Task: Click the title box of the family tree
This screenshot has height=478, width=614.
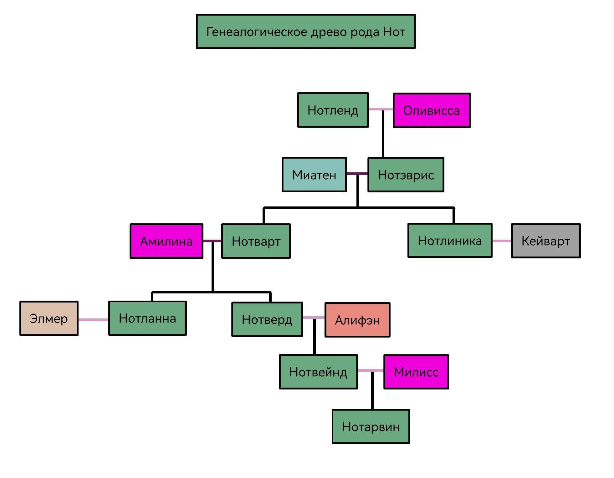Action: [x=306, y=31]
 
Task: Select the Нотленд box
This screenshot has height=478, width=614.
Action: [x=333, y=110]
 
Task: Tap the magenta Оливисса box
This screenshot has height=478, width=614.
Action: [x=432, y=110]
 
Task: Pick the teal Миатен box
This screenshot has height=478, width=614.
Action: [x=314, y=175]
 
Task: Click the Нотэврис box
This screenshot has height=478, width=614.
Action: [x=406, y=175]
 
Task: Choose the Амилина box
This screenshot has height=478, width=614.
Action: [x=166, y=241]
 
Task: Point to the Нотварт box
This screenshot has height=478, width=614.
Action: [x=256, y=241]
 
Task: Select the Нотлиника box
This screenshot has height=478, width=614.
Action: [x=450, y=241]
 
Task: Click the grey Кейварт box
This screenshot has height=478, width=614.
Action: [x=545, y=241]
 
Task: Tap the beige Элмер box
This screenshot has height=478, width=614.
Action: [x=49, y=318]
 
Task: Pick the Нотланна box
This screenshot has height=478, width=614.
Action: [x=147, y=318]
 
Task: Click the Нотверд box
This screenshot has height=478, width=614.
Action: [x=267, y=319]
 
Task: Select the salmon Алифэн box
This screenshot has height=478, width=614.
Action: [x=357, y=320]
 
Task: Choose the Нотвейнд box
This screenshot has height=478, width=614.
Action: [x=318, y=372]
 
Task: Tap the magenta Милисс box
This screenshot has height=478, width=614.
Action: [x=416, y=372]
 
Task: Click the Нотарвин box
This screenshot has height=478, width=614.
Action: [x=371, y=427]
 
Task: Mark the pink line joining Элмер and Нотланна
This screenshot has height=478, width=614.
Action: [x=93, y=320]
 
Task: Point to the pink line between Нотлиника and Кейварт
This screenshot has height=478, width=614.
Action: [x=502, y=241]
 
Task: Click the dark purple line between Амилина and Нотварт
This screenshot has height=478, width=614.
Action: [x=212, y=241]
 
